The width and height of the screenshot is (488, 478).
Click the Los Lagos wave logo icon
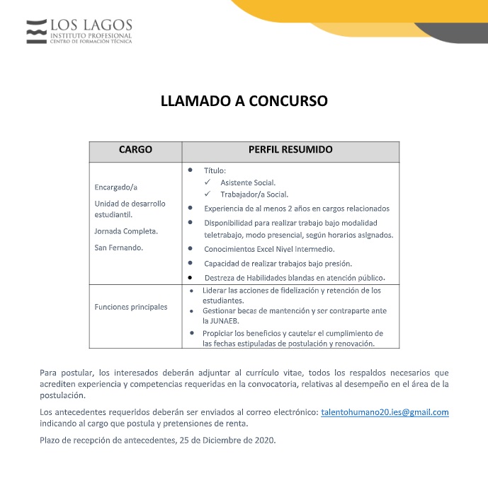pos(36,31)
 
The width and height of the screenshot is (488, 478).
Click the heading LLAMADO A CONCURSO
pos(244,101)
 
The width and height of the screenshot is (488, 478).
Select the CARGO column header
pos(135,151)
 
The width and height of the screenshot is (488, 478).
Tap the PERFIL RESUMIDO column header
pos(290,151)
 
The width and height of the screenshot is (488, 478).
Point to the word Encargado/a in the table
pos(115,187)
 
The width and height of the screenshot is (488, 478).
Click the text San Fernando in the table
pos(118,247)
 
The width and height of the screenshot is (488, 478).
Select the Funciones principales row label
pos(131,307)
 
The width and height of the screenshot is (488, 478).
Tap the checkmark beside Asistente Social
pos(208,182)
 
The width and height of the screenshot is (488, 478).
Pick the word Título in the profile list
pos(215,170)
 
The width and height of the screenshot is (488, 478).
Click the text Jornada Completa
pos(126,231)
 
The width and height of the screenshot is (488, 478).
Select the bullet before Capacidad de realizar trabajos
pos(191,263)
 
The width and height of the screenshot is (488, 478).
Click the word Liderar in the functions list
pos(215,290)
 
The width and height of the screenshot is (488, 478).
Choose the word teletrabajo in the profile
pos(225,235)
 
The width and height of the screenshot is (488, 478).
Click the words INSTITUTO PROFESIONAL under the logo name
pos(90,35)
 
